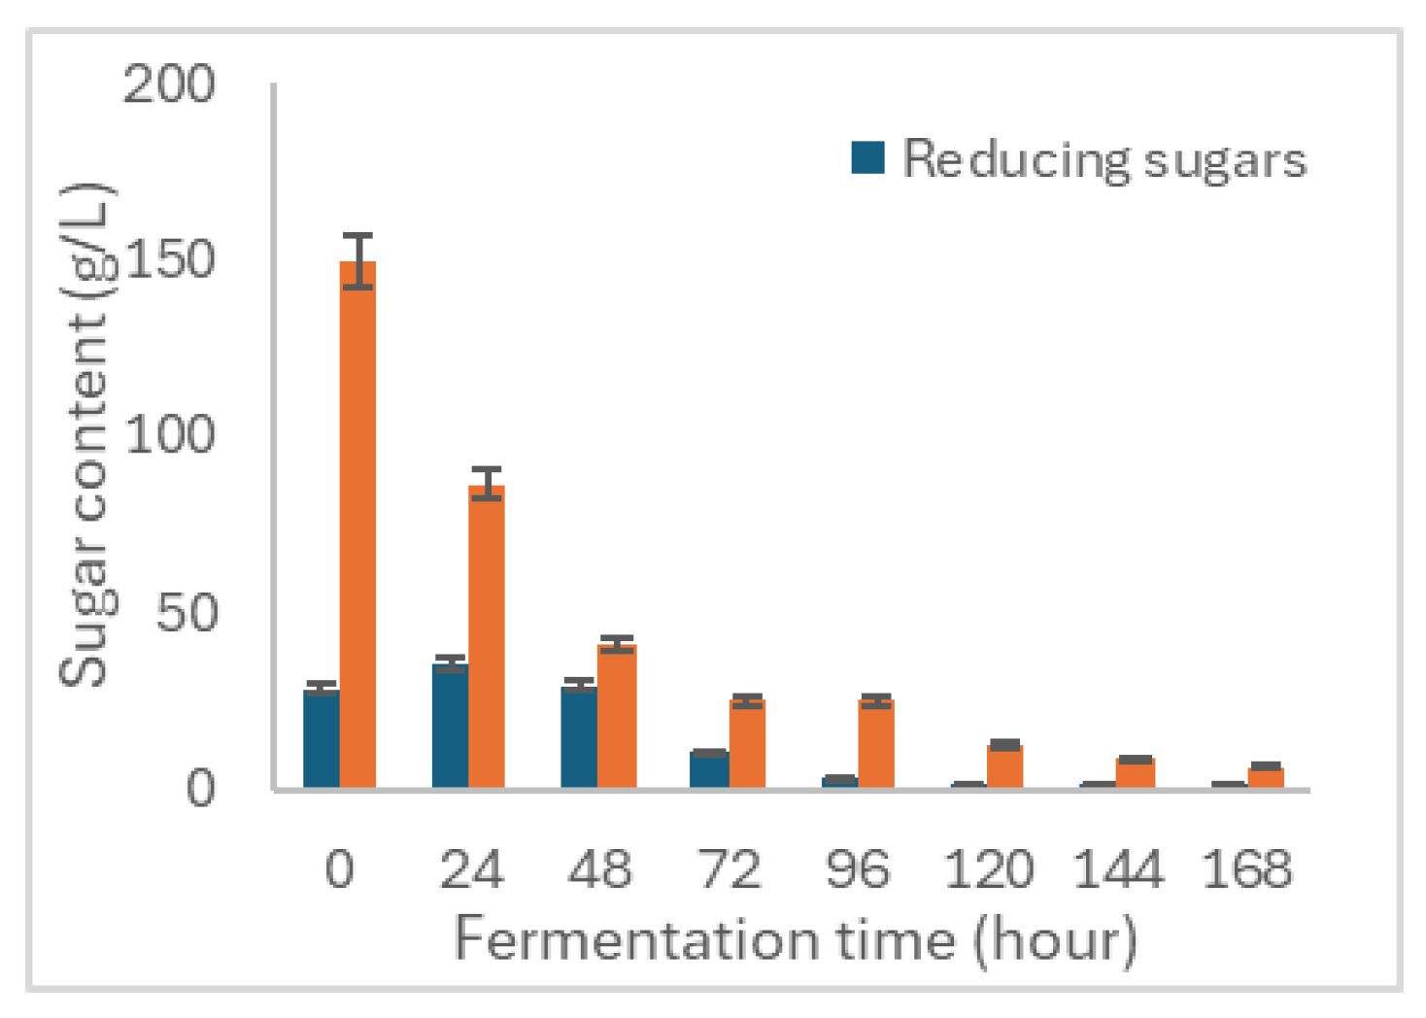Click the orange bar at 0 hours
[x=357, y=525]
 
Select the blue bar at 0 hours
[x=321, y=738]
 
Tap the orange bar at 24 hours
[x=487, y=636]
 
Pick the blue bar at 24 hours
[x=450, y=726]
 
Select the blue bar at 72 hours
[x=709, y=769]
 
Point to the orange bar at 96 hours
[x=876, y=743]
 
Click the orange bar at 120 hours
[x=1004, y=766]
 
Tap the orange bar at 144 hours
[x=1135, y=773]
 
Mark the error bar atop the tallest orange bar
[x=357, y=260]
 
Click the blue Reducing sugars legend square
[x=867, y=157]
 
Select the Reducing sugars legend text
[x=1104, y=159]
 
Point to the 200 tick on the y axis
[x=169, y=85]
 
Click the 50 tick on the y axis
[x=187, y=612]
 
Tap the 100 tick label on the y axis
[x=169, y=435]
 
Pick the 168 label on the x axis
[x=1246, y=868]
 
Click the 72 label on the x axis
[x=729, y=868]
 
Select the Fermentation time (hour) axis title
[x=795, y=939]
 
